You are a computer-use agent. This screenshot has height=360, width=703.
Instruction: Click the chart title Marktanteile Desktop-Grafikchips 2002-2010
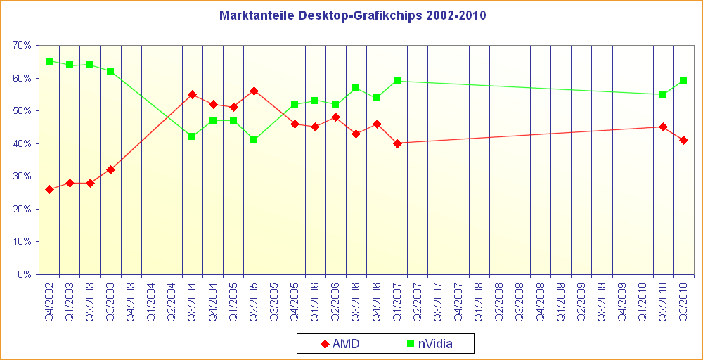pos(352,15)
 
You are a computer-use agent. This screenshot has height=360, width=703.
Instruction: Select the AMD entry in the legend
pos(340,344)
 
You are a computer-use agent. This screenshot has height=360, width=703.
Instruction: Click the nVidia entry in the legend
pos(429,344)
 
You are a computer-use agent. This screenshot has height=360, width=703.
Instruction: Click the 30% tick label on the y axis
pos(22,176)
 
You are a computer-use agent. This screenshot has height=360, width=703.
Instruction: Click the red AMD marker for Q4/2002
pos(49,189)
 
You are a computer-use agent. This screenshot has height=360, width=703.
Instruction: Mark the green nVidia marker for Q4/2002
pos(49,61)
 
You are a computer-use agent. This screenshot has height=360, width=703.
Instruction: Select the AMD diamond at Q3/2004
pos(192,94)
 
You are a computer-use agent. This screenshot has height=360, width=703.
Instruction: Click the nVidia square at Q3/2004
pos(192,136)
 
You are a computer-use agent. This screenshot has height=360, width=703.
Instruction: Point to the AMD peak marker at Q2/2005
pos(254,91)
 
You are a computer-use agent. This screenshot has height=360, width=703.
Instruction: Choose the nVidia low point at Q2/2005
pos(254,140)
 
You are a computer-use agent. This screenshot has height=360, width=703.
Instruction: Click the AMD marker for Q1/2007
pos(397,143)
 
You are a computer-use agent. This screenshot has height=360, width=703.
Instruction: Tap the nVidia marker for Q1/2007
pos(397,81)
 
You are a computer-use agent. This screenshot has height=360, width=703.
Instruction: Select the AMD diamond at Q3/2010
pos(683,140)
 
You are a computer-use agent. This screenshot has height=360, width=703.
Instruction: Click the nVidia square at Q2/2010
pos(663,94)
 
